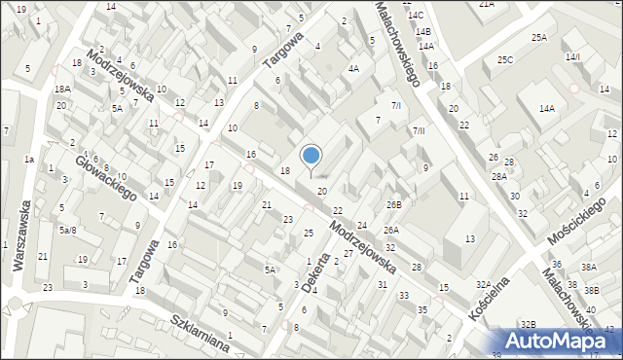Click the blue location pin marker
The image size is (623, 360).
click(x=311, y=156)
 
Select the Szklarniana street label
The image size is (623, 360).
click(x=199, y=332)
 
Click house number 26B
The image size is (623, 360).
click(x=393, y=204)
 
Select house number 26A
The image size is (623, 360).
click(x=390, y=231)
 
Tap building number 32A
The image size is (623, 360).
click(x=484, y=284)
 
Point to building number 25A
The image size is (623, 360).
click(x=538, y=38)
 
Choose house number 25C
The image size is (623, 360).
click(x=504, y=60)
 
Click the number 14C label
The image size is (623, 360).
click(x=416, y=16)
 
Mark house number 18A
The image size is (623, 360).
click(x=62, y=89)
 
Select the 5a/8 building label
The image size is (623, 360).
click(x=66, y=230)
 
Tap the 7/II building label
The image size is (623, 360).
click(x=419, y=130)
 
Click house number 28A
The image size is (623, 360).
click(x=498, y=176)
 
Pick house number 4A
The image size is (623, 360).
click(x=353, y=68)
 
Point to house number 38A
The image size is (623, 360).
click(x=588, y=267)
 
